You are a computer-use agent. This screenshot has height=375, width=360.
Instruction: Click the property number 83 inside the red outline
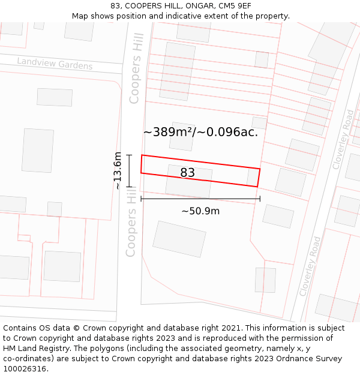(187, 173)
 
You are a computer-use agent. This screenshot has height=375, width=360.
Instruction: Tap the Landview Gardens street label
(55, 64)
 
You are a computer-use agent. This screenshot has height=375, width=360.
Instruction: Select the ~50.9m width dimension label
(200, 211)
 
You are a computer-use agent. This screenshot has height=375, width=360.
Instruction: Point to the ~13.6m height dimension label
(118, 171)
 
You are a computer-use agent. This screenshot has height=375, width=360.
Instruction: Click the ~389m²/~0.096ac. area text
(200, 132)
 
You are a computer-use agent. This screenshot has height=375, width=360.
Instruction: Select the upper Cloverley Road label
(343, 139)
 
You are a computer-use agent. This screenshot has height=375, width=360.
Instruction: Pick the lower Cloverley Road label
(310, 266)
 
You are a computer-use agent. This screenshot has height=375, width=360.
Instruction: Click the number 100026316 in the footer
(25, 369)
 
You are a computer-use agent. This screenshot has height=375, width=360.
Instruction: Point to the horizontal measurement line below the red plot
(200, 199)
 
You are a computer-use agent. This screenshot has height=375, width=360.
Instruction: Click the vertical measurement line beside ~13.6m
(128, 171)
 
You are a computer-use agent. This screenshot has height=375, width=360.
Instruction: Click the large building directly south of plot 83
(179, 239)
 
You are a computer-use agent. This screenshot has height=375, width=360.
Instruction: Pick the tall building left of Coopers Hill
(37, 150)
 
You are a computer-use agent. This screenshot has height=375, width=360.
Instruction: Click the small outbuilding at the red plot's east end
(252, 177)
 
